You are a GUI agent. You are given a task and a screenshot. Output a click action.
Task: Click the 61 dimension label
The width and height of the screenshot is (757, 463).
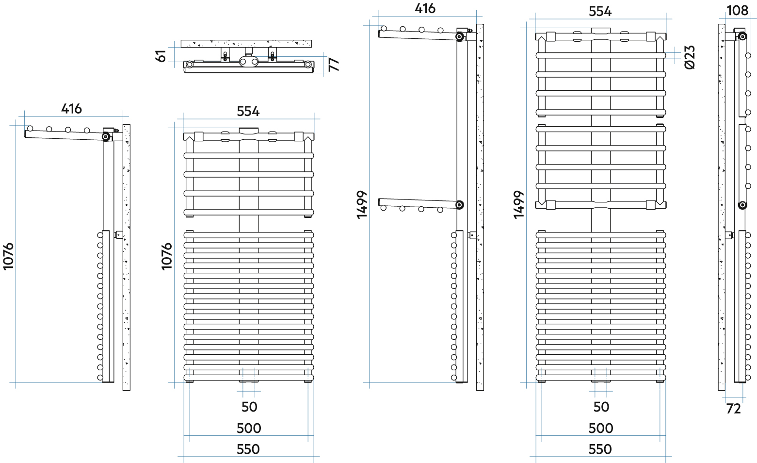point(161,56)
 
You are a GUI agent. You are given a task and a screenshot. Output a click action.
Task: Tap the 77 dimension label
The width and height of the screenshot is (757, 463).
point(334,64)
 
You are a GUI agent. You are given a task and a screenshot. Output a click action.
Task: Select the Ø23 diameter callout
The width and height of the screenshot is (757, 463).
point(690,57)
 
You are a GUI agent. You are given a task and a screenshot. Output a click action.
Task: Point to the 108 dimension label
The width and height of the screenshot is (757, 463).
point(738,11)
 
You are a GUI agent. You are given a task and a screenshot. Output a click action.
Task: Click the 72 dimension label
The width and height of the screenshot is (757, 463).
point(733,409)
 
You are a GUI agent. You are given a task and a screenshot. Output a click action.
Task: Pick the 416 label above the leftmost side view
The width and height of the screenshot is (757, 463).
point(71,109)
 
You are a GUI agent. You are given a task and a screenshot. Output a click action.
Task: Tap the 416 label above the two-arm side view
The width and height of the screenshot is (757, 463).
point(425,9)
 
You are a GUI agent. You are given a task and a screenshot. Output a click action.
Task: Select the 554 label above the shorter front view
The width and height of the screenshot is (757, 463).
point(248,111)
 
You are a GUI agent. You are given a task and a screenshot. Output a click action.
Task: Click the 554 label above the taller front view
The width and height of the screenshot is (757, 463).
point(600,12)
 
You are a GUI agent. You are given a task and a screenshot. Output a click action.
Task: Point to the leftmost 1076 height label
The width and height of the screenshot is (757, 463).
point(8,256)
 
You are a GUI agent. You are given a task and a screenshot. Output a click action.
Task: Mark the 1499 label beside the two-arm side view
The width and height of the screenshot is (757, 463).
point(362,205)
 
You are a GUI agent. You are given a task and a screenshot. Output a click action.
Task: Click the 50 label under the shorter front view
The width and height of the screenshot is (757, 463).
point(249,407)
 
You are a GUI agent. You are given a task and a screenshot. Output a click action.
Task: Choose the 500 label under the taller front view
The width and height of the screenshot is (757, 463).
point(600,429)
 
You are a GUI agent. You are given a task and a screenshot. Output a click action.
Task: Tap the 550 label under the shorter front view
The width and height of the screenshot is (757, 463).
point(248,449)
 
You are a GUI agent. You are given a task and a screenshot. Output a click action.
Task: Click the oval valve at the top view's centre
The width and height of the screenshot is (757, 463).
point(249,62)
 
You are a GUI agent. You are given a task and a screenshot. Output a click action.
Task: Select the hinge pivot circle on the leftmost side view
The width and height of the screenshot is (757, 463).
point(106,137)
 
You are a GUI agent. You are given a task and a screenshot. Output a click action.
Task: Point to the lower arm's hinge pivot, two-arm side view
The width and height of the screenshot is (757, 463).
point(459,205)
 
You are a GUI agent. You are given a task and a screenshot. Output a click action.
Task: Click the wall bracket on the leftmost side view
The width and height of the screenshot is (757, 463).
point(118,235)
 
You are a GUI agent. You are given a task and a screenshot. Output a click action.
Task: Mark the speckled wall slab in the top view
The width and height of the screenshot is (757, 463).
point(246,44)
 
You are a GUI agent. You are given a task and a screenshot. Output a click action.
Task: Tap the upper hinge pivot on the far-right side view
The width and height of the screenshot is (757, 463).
point(742,36)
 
